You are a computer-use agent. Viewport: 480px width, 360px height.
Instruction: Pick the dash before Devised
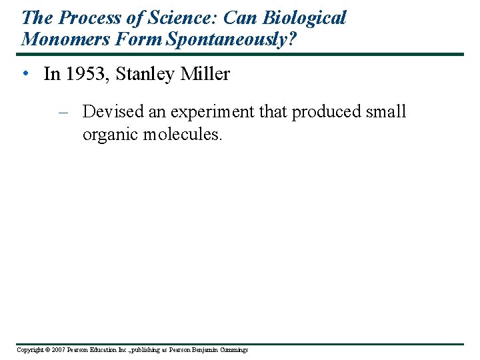65,112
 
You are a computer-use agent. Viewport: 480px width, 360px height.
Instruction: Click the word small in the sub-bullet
386,111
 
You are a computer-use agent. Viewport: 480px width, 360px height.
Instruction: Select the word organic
107,134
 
